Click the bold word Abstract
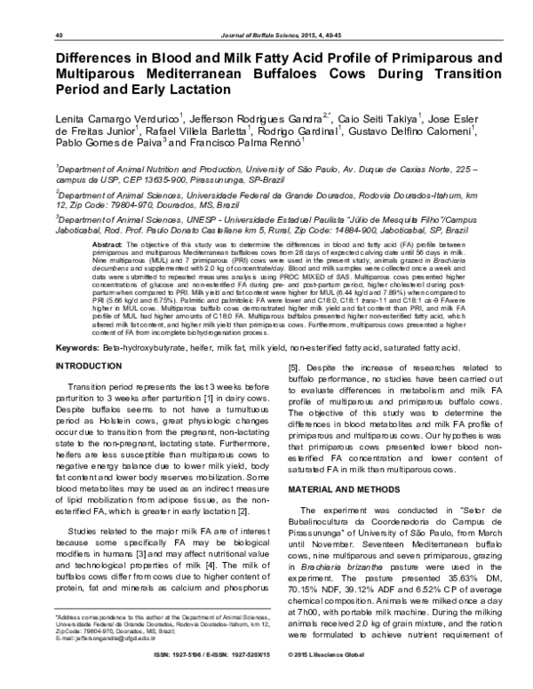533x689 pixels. point(107,243)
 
